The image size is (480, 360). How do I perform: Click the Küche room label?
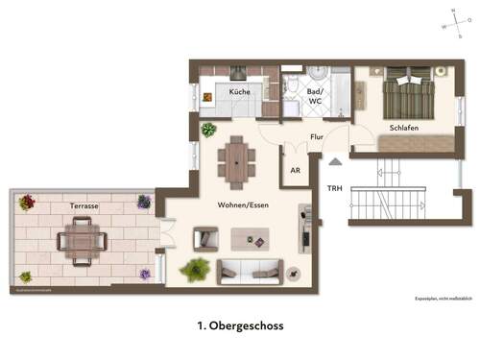(240, 91)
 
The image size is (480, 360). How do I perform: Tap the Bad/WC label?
(315, 95)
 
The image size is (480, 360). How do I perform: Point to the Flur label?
(317, 136)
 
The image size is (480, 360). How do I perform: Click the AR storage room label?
(296, 170)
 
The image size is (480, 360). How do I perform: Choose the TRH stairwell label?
(334, 188)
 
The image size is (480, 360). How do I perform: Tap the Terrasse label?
(86, 206)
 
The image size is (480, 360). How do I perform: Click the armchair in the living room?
(205, 238)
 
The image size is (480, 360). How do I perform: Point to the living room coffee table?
(254, 236)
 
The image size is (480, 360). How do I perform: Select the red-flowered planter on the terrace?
(27, 202)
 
